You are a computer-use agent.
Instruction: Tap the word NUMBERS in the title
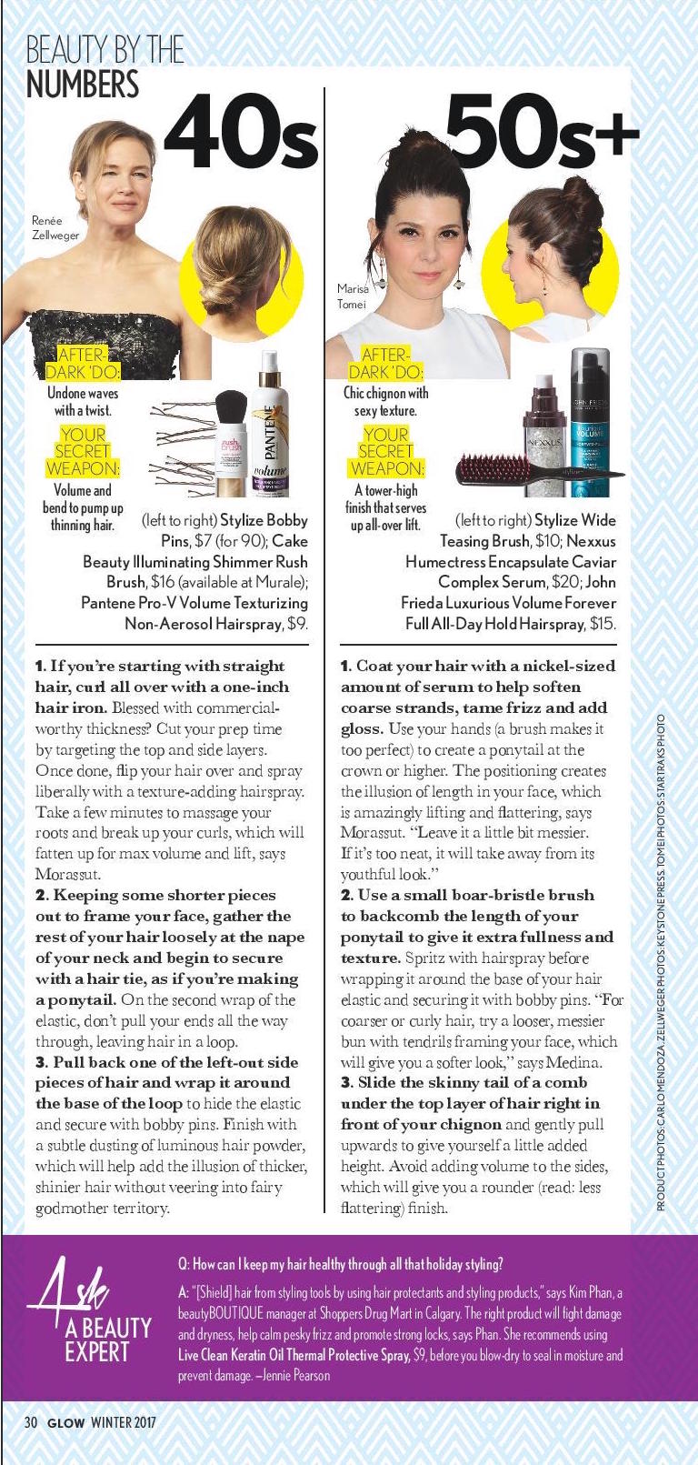tap(83, 84)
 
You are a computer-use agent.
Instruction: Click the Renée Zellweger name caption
tap(55, 227)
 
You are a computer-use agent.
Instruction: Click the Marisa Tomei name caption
tap(353, 296)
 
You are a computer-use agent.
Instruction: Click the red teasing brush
tap(472, 471)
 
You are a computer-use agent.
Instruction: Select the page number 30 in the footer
tap(31, 1422)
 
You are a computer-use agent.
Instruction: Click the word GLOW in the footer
tap(66, 1422)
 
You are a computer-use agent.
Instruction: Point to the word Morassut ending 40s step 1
tap(67, 874)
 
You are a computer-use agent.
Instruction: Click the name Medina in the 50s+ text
tap(579, 1062)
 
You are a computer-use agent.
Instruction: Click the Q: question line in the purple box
tap(340, 1264)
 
